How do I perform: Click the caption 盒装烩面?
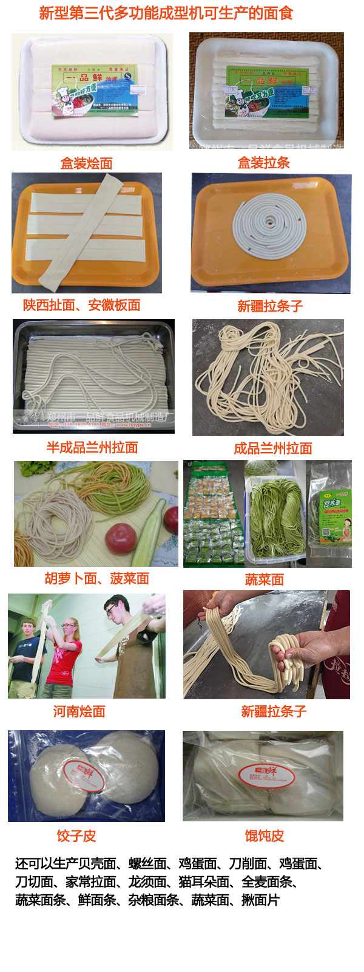point(86,163)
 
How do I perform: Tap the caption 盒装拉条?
point(263,162)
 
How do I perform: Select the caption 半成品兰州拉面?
point(92,448)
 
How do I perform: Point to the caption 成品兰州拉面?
point(272,448)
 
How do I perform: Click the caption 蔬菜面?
point(264,580)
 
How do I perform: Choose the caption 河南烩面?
point(79,711)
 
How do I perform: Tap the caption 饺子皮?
point(76,836)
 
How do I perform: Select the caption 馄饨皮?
point(264,836)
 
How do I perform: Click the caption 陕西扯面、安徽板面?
point(82,305)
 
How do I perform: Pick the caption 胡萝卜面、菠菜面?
point(97,578)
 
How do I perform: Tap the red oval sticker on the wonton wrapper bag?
point(266,774)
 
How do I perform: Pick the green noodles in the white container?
point(276,513)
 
